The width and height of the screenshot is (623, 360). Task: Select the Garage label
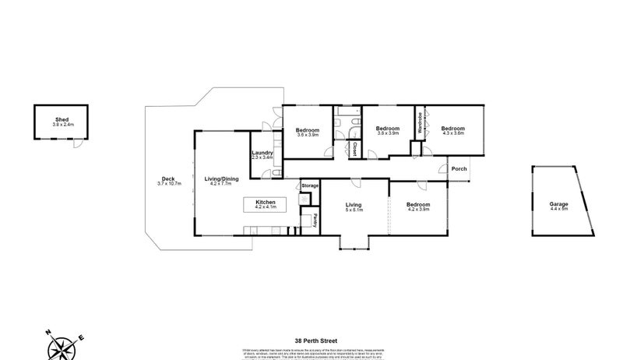[559, 204]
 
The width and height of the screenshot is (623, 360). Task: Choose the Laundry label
[262, 153]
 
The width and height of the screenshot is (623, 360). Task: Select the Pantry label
[315, 221]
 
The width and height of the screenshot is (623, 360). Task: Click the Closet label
[354, 148]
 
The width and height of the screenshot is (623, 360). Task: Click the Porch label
[459, 168]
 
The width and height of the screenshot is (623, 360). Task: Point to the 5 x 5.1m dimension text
[355, 210]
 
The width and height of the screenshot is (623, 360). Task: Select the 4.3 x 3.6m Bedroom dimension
[453, 133]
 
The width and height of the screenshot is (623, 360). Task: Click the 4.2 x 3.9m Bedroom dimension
[417, 210]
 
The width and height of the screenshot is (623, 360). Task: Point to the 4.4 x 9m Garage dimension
[559, 210]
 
